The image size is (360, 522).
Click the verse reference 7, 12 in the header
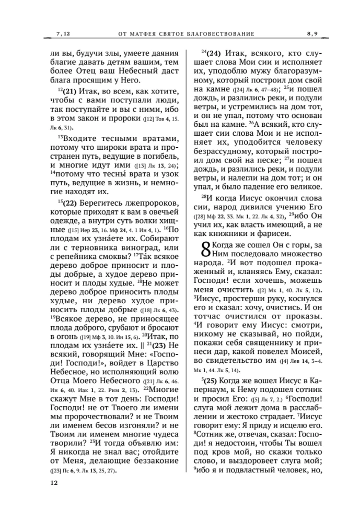click(62, 34)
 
